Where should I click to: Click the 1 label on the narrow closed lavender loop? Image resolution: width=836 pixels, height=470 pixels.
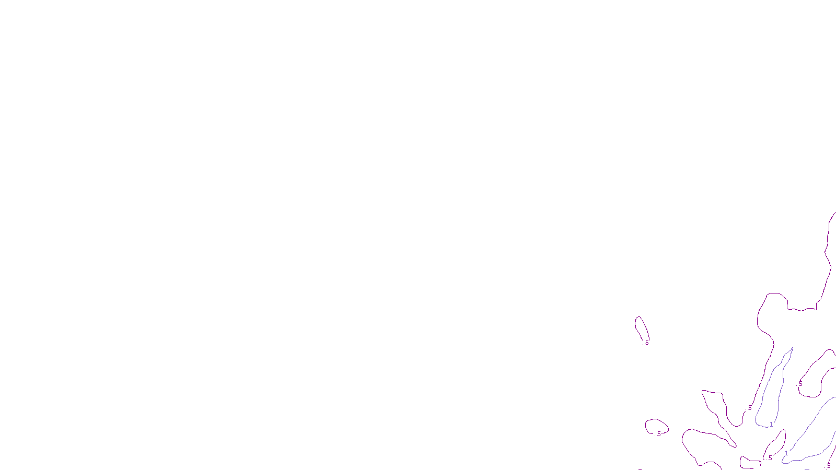click(771, 425)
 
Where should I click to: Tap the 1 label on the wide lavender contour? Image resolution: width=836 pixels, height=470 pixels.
click(786, 453)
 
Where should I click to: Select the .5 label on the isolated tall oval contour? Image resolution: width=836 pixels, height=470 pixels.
click(647, 343)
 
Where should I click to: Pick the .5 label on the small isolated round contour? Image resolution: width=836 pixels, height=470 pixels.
click(659, 434)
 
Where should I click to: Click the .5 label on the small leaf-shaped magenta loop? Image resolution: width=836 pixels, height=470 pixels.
click(770, 458)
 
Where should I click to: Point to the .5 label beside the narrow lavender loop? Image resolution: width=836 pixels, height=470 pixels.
click(750, 408)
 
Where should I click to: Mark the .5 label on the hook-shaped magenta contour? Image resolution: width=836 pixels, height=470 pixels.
click(800, 384)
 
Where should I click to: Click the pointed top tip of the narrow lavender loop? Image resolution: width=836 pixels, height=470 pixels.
click(792, 348)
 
